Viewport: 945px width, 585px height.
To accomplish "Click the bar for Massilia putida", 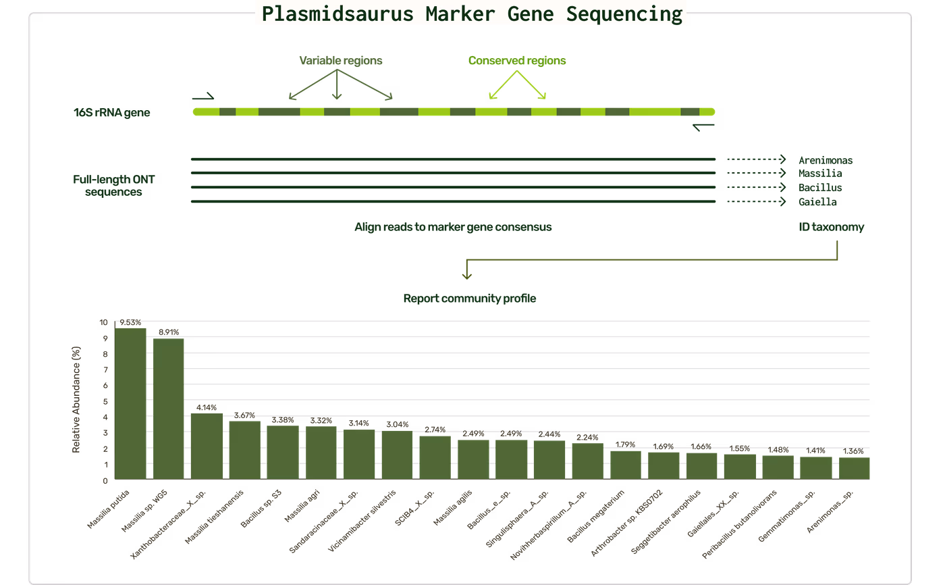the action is click(x=130, y=403).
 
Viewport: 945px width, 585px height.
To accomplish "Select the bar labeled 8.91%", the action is click(x=168, y=409).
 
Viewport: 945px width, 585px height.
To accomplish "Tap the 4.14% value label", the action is click(x=207, y=407).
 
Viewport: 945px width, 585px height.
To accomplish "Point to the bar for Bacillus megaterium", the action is click(x=626, y=465).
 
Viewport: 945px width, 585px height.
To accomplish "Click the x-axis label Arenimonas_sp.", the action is click(x=830, y=511).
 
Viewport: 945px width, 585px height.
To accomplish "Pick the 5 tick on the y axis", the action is click(x=105, y=401).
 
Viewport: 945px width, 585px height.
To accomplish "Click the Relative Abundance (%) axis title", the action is click(x=76, y=400).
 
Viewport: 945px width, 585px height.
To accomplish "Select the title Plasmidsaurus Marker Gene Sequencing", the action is click(x=472, y=14).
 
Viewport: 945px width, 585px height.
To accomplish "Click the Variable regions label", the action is click(x=340, y=60).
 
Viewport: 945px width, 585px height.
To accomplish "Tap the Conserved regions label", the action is click(x=517, y=60).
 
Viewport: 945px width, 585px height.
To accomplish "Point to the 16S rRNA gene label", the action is click(x=111, y=112).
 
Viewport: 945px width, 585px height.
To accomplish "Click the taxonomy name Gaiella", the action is click(x=817, y=202).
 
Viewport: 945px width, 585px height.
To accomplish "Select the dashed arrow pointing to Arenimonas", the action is click(x=756, y=159).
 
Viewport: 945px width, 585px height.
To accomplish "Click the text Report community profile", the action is click(x=470, y=298).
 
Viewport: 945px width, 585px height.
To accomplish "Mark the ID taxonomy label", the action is click(x=831, y=227).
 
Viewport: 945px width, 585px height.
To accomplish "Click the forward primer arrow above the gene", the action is click(x=203, y=97).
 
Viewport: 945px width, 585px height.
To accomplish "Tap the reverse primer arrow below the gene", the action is click(x=703, y=127).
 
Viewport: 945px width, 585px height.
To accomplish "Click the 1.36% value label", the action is click(x=853, y=451).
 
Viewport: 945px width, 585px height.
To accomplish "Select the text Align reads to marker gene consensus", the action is click(x=453, y=227).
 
